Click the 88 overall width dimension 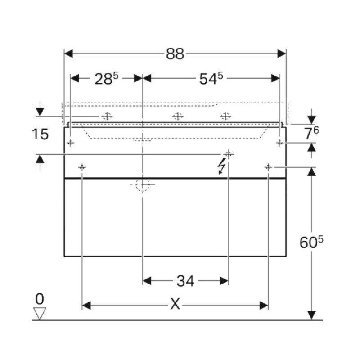click(175, 54)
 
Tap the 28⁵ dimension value click(106, 79)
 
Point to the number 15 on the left click(40, 134)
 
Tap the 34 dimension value click(185, 281)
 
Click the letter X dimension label click(175, 305)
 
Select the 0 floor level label click(40, 298)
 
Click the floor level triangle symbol click(40, 313)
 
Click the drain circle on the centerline click(142, 184)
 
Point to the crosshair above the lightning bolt click(229, 154)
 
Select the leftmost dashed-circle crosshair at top click(107, 116)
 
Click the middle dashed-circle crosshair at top click(178, 116)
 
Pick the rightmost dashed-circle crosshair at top click(226, 116)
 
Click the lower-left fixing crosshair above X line click(82, 167)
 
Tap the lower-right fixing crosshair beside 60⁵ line click(268, 167)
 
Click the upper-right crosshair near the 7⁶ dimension click(280, 143)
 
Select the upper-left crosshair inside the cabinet click(71, 143)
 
